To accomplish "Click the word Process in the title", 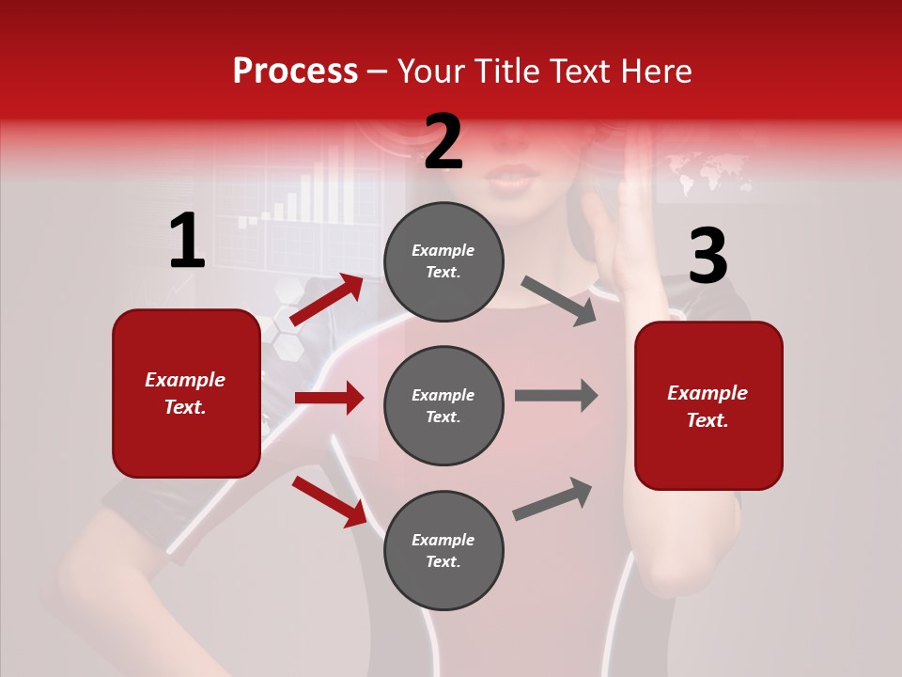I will [295, 71].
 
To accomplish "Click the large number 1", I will [187, 241].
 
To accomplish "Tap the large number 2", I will [443, 142].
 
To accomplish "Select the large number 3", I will [708, 256].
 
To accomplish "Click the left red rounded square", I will [186, 393].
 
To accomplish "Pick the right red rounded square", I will [708, 405].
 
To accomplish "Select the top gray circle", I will [443, 260].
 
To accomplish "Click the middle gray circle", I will [443, 405].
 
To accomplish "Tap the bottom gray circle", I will [443, 550].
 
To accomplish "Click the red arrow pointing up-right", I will [327, 300].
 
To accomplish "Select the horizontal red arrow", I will [329, 399].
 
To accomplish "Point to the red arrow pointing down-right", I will [329, 500].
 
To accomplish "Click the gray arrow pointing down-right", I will [559, 301].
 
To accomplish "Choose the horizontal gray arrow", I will [556, 396].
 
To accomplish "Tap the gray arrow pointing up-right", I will [553, 499].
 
